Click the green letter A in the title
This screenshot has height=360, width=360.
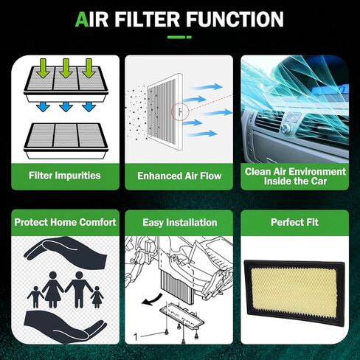pyautogui.click(x=82, y=19)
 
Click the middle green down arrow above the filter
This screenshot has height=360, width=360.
pyautogui.click(x=65, y=69)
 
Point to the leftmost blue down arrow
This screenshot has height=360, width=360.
pyautogui.click(x=43, y=107)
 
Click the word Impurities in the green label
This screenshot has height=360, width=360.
pyautogui.click(x=77, y=176)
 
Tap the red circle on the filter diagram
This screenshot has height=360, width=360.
pyautogui.click(x=180, y=111)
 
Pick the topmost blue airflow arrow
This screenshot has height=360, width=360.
pyautogui.click(x=207, y=86)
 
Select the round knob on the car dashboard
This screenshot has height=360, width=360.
pyautogui.click(x=285, y=128)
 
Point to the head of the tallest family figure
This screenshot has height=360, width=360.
pyautogui.click(x=79, y=275)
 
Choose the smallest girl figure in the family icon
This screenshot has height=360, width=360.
pyautogui.click(x=97, y=297)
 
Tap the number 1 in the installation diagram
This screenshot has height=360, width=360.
pyautogui.click(x=136, y=337)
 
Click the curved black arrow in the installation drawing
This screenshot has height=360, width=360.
pyautogui.click(x=152, y=300)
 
